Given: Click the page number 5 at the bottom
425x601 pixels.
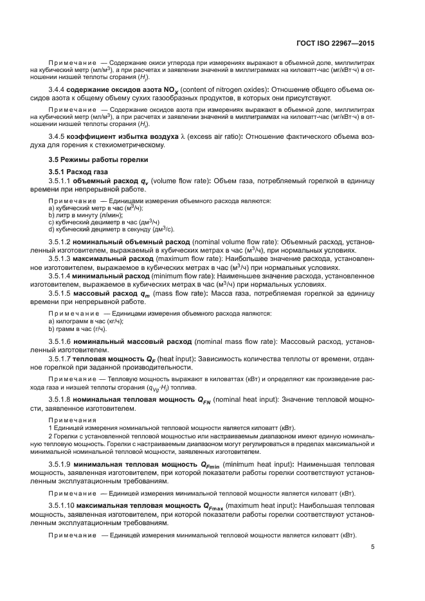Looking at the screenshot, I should pyautogui.click(x=372, y=548).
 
